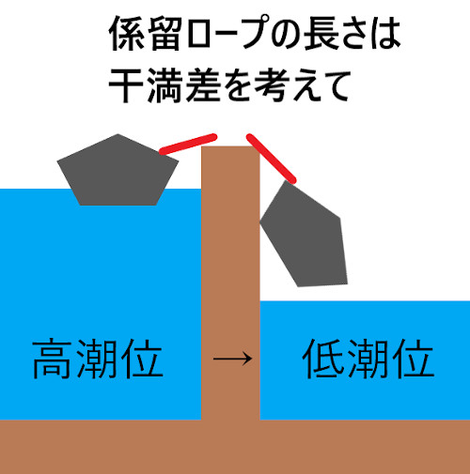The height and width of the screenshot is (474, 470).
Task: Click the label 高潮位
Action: click(98, 359)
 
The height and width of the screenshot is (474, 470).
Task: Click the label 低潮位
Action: click(368, 359)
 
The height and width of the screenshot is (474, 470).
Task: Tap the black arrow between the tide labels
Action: click(232, 359)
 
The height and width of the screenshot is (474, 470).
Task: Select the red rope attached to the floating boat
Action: click(188, 144)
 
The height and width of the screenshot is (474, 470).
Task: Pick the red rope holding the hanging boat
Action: click(271, 159)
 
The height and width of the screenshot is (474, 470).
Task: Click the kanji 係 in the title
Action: click(127, 33)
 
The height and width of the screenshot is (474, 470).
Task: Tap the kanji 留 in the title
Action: click(164, 33)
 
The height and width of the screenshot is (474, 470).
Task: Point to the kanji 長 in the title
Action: click(321, 33)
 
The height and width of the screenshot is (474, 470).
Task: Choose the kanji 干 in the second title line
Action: click(127, 85)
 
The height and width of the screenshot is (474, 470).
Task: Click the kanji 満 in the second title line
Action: click(165, 85)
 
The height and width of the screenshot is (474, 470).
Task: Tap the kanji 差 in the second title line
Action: click(203, 85)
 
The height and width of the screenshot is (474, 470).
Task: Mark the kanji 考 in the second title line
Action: click(272, 85)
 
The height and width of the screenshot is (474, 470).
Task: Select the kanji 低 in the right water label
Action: click(323, 359)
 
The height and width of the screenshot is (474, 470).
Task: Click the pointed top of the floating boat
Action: click(117, 134)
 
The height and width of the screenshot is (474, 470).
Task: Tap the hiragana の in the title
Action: click(286, 34)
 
